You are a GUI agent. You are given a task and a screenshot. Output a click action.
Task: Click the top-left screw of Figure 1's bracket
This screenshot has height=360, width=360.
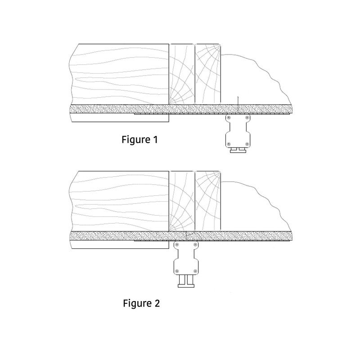(x=229, y=118)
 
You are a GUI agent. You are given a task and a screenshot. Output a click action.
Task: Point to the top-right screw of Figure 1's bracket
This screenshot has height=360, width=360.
(x=247, y=118)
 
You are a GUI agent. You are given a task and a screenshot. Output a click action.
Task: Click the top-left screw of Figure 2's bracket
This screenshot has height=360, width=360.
(x=176, y=244)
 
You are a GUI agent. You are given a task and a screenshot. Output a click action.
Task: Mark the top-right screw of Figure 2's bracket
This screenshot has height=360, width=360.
(x=195, y=244)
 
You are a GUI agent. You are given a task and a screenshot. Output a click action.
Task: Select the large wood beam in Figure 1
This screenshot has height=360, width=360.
(x=119, y=74)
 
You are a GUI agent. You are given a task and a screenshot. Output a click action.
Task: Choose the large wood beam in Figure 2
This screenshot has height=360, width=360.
(x=119, y=202)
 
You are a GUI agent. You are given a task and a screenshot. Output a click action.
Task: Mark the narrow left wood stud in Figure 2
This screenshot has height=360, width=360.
(x=181, y=202)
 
